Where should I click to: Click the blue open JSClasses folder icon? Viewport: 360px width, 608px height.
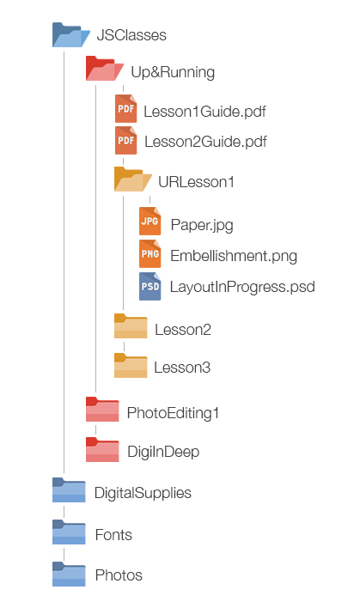click(x=71, y=35)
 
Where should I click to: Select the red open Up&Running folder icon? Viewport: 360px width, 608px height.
click(x=105, y=69)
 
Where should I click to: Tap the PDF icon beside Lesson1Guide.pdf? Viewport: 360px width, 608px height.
click(x=126, y=108)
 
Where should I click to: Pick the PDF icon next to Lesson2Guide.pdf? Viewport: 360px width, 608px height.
click(x=126, y=140)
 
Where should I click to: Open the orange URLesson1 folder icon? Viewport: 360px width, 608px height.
click(x=132, y=179)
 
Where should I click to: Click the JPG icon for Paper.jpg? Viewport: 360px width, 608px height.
click(x=150, y=221)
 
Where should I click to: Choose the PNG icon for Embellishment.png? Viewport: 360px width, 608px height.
click(x=150, y=253)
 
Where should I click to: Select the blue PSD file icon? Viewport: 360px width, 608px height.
click(x=150, y=286)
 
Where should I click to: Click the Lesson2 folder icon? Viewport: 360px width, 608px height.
click(x=131, y=325)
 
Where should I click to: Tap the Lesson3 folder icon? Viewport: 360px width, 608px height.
click(x=131, y=365)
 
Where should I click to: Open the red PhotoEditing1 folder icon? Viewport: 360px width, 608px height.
click(x=102, y=409)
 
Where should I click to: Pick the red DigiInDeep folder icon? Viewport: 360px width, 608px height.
click(x=102, y=449)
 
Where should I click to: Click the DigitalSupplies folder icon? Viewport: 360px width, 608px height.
click(x=69, y=489)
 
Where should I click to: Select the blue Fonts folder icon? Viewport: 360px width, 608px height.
click(x=69, y=532)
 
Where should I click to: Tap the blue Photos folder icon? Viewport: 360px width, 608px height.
click(x=69, y=574)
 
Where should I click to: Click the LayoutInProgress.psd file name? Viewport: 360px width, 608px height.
click(x=242, y=288)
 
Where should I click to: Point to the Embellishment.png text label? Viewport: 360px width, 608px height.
click(x=234, y=256)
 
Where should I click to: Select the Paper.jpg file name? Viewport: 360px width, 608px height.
click(x=202, y=225)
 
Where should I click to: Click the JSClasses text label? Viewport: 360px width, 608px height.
click(x=131, y=35)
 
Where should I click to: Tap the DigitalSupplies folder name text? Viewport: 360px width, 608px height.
click(x=143, y=493)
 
